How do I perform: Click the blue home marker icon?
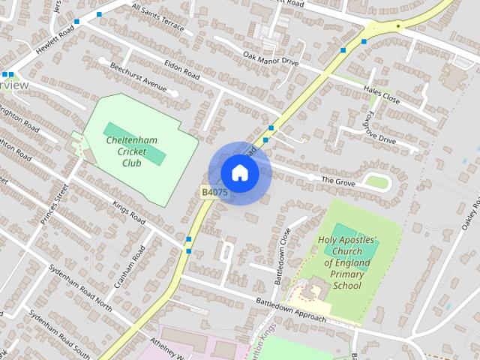pyautogui.click(x=239, y=172)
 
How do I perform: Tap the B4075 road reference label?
pyautogui.click(x=214, y=193)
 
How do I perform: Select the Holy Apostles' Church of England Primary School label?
pyautogui.click(x=347, y=262)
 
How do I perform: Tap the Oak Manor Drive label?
pyautogui.click(x=271, y=58)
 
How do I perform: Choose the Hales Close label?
pyautogui.click(x=382, y=94)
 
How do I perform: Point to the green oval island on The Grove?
pyautogui.click(x=377, y=182)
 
